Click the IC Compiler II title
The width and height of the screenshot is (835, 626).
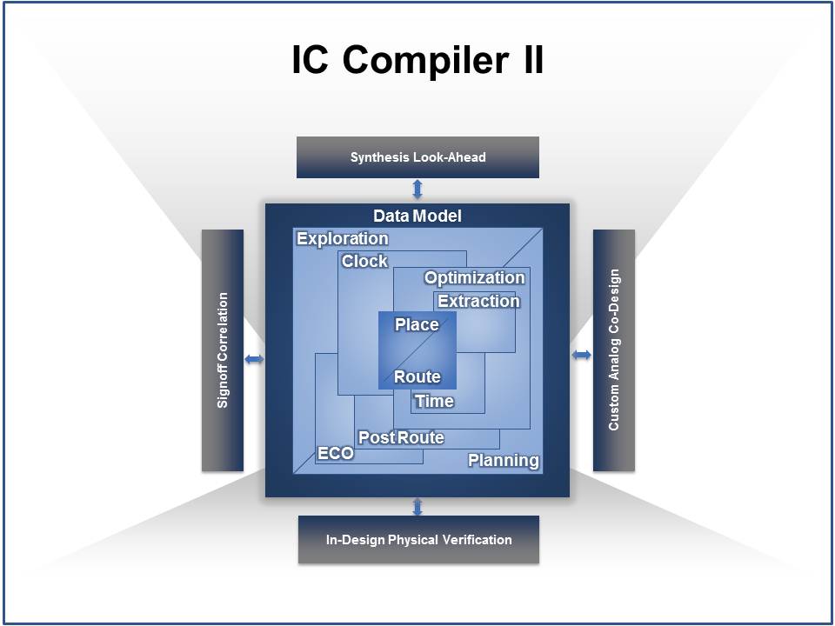(417, 59)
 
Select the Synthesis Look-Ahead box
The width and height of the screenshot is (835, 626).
(417, 157)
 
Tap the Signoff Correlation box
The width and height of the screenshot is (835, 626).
(223, 350)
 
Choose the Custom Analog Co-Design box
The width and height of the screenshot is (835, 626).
(614, 350)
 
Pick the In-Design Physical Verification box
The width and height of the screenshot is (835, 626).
(418, 539)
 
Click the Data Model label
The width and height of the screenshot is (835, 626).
(417, 216)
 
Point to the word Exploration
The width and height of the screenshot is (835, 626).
(343, 239)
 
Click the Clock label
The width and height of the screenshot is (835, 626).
(364, 261)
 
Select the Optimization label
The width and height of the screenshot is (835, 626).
(475, 278)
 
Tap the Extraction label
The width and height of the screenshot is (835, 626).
(478, 302)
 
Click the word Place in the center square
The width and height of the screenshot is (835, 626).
(417, 324)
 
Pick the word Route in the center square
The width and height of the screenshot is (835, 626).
(417, 376)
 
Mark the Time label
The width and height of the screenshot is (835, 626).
(435, 402)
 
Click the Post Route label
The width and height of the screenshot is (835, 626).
(401, 437)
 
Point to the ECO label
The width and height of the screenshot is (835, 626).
(336, 454)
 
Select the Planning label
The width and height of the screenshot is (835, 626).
(504, 461)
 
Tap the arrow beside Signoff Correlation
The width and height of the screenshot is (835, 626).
(254, 359)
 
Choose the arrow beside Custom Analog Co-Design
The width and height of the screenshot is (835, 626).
(582, 355)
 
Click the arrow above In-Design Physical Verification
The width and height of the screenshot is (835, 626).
(417, 506)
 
